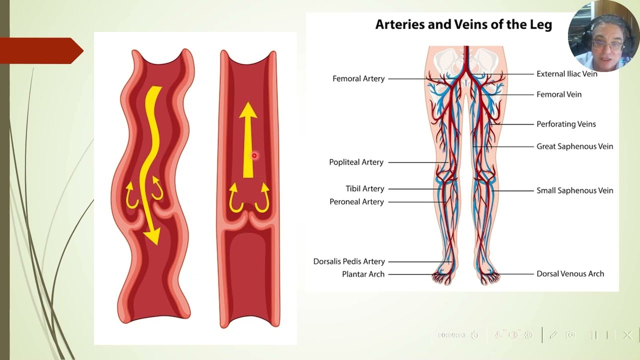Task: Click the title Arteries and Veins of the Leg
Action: coord(463,24)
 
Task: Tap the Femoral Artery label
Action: coord(358,78)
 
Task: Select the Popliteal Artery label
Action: coord(356,162)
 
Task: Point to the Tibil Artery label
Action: coord(365,189)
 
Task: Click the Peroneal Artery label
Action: coord(356,202)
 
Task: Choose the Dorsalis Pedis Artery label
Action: coord(349,261)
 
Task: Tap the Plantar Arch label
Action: coord(363,274)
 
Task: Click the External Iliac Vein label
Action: coord(567,74)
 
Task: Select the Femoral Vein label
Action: coord(559,94)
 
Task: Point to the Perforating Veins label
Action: coord(566,124)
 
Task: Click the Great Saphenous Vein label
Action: coord(574,146)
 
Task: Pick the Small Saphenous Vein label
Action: coord(574,190)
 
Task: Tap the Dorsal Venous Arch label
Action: coord(570,273)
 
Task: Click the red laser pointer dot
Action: coord(254,155)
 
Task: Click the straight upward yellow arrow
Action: coord(248,140)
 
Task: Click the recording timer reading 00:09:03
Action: coord(451,335)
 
